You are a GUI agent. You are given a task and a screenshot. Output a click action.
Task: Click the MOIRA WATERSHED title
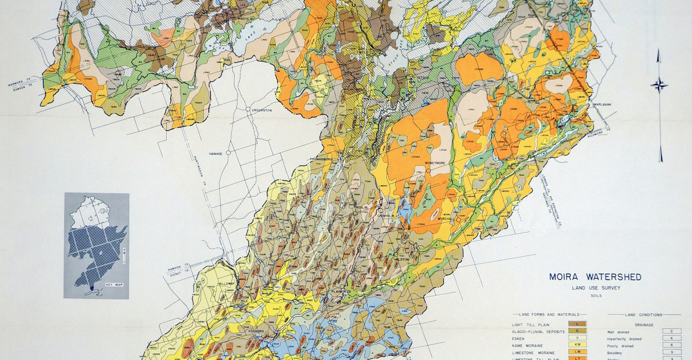coord(596,277)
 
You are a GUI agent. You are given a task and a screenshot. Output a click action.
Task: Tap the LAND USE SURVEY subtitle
coord(596,288)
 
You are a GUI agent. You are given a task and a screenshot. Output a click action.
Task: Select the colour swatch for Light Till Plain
coord(577,325)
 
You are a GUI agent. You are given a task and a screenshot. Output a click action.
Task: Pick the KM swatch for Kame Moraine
coord(577,344)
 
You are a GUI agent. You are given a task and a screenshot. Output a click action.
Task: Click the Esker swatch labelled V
coord(577,338)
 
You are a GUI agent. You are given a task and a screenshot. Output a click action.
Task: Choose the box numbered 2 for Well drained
coord(671,332)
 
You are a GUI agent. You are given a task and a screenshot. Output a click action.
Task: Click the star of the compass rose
coord(659,85)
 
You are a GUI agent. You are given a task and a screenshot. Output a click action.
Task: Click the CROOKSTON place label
coord(261,110)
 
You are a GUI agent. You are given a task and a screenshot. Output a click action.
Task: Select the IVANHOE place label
coord(216,153)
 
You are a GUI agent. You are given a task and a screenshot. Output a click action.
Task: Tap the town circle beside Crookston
coord(247,110)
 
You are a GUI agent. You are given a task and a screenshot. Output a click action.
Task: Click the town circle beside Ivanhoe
coord(229,153)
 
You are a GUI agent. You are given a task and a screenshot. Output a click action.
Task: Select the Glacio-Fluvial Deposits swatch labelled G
coord(577,331)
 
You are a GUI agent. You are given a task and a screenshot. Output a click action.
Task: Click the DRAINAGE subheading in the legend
coord(644,325)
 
